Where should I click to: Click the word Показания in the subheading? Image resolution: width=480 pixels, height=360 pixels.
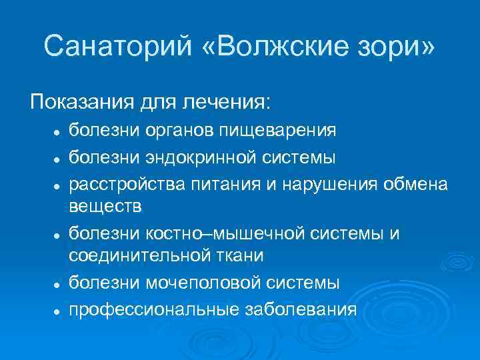pyautogui.click(x=79, y=102)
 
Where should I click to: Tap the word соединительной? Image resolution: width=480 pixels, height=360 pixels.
pyautogui.click(x=135, y=255)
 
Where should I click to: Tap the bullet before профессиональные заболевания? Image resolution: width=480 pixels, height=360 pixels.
pyautogui.click(x=58, y=311)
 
